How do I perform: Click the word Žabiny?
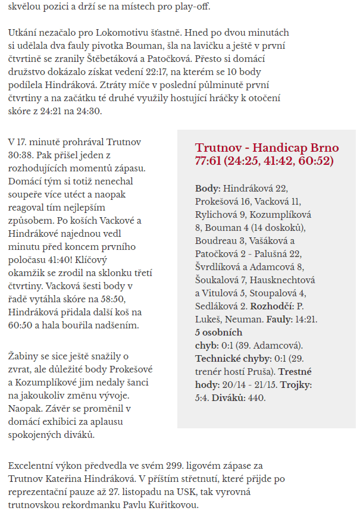point(23,356)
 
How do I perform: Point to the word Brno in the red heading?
point(323,148)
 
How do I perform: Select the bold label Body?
point(208,189)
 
